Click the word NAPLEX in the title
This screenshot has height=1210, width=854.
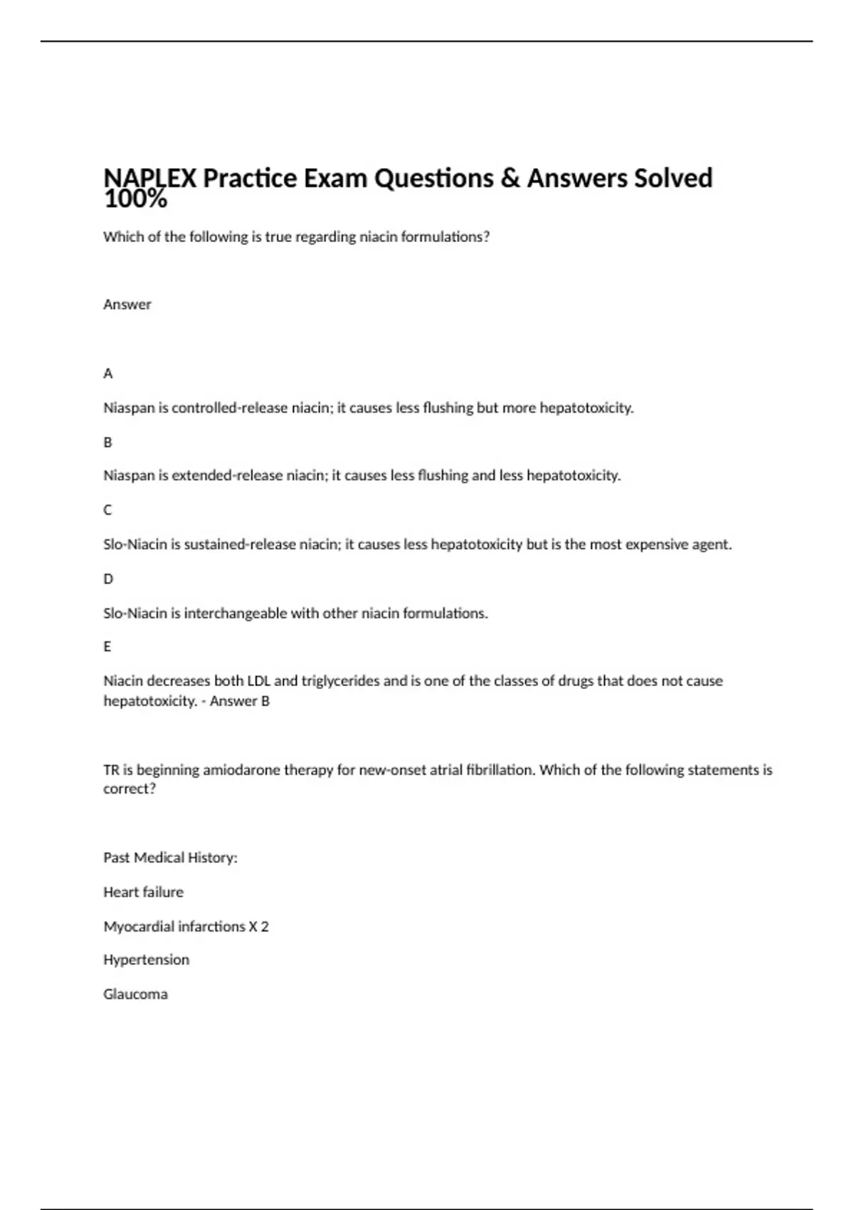[149, 177]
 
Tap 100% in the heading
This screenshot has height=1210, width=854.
[135, 200]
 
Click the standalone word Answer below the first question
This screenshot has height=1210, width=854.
[127, 305]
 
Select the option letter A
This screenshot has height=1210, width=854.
[108, 374]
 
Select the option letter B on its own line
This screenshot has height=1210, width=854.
[108, 442]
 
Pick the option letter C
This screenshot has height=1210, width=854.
[108, 510]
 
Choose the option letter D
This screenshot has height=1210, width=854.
[108, 579]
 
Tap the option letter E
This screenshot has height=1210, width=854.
[107, 647]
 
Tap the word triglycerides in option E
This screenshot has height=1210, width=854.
[340, 681]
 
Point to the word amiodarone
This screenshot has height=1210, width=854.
[241, 770]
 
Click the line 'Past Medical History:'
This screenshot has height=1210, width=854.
[170, 858]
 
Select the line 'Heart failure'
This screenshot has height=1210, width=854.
[143, 892]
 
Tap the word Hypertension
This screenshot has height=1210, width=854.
[146, 960]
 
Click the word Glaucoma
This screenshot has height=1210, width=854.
[135, 994]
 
